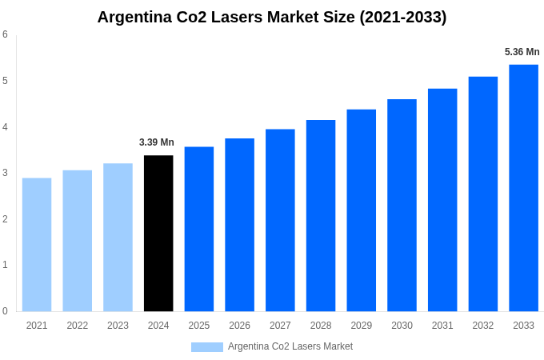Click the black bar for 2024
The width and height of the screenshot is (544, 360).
pyautogui.click(x=158, y=233)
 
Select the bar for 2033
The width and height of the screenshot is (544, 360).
pyautogui.click(x=523, y=188)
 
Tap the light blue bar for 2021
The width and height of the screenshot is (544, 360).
pyautogui.click(x=37, y=244)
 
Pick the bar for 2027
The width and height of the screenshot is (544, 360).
pyautogui.click(x=280, y=220)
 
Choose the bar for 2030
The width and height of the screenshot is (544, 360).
pyautogui.click(x=402, y=205)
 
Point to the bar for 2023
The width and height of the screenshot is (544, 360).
pyautogui.click(x=118, y=237)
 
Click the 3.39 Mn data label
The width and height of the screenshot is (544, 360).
pyautogui.click(x=157, y=142)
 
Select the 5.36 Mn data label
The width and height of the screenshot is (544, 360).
pyautogui.click(x=522, y=52)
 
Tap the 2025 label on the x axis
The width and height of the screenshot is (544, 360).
pyautogui.click(x=199, y=326)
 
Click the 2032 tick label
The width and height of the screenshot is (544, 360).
pyautogui.click(x=483, y=326)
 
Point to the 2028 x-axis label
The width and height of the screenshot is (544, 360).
pyautogui.click(x=321, y=326)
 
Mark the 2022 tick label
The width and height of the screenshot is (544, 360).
pyautogui.click(x=78, y=326)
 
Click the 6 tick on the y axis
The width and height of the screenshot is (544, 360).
pyautogui.click(x=5, y=34)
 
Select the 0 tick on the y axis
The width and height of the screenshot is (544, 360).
pyautogui.click(x=5, y=311)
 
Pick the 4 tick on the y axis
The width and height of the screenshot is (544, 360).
pyautogui.click(x=5, y=126)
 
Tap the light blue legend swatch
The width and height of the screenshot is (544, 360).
pyautogui.click(x=206, y=346)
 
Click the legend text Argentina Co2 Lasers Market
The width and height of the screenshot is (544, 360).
pyautogui.click(x=290, y=346)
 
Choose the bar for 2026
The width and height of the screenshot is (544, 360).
pyautogui.click(x=239, y=225)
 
